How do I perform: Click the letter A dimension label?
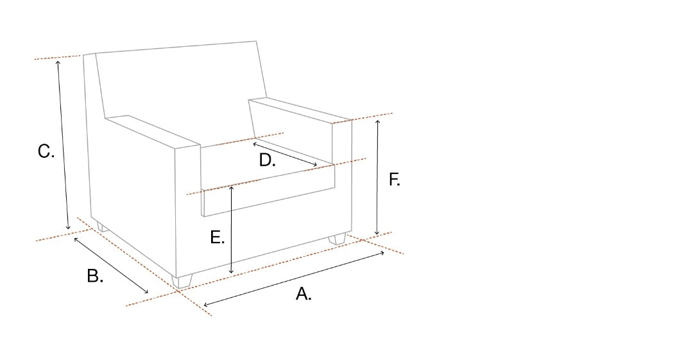303,294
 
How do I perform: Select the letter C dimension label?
46,151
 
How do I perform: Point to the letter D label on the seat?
267,160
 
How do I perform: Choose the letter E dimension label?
218,237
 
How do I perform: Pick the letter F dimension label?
394,180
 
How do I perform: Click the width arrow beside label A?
294,279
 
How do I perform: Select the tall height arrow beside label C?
63,145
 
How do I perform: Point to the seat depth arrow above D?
285,154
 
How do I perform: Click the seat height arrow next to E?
231,230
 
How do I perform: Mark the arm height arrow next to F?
377,177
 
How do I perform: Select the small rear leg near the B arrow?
102,228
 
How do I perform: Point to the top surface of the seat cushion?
265,162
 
